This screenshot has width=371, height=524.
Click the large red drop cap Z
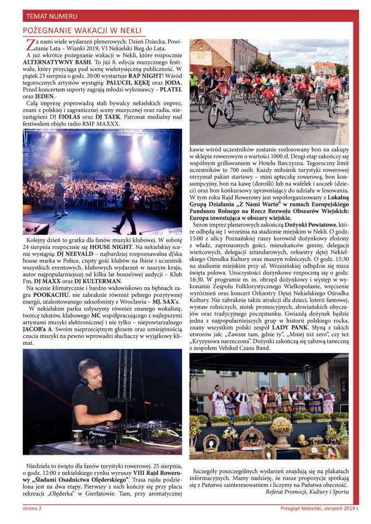31,45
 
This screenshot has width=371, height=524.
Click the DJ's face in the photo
94,374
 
